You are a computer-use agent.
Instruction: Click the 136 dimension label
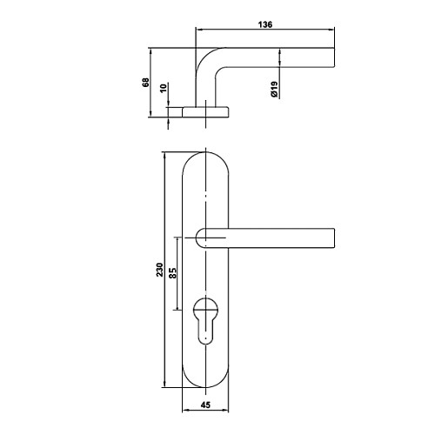265,24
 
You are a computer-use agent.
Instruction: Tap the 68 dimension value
145,83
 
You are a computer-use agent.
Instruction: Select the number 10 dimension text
164,88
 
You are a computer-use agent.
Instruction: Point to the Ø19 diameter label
274,90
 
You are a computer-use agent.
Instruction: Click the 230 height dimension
160,270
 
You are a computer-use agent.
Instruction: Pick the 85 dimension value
172,273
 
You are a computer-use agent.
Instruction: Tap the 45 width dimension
205,405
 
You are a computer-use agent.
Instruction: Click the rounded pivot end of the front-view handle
200,238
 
